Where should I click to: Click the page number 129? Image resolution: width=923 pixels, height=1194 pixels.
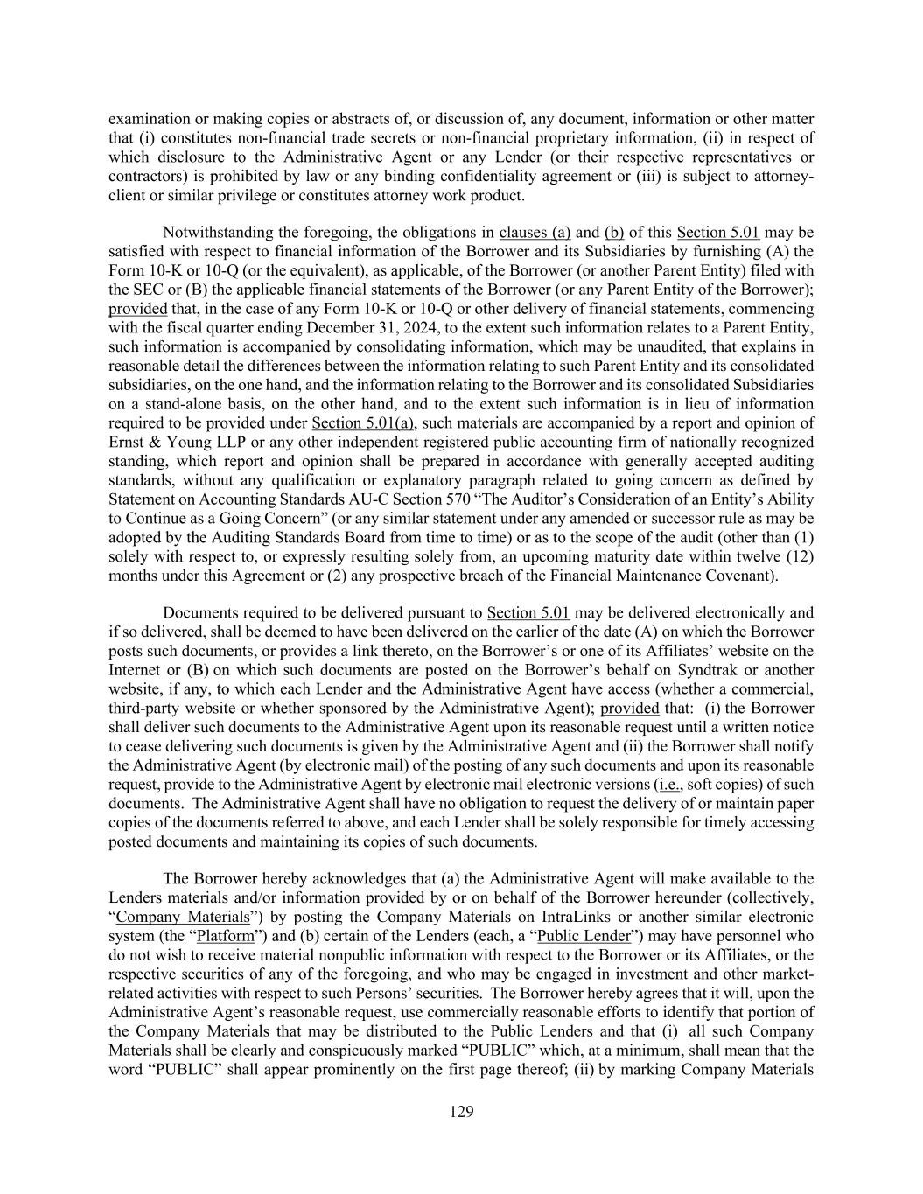click(461, 1112)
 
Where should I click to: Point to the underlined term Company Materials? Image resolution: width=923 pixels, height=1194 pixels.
click(183, 918)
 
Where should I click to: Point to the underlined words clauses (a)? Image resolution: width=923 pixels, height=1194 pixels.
click(535, 232)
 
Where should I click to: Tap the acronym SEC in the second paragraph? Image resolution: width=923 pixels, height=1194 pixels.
click(148, 290)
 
